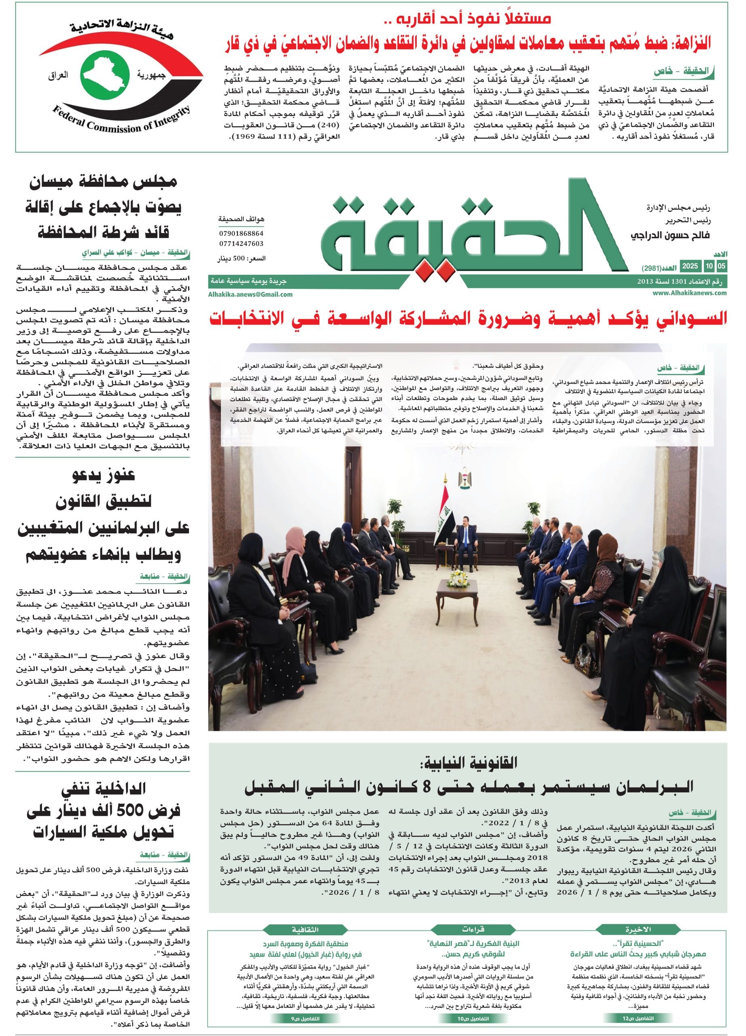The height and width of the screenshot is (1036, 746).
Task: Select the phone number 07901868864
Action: (x=241, y=234)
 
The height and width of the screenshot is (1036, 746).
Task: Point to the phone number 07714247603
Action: (x=241, y=244)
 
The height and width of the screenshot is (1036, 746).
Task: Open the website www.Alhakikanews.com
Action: (x=689, y=294)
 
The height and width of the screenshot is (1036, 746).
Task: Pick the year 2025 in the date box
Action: (x=690, y=266)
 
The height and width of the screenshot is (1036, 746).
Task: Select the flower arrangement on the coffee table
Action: (x=457, y=578)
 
